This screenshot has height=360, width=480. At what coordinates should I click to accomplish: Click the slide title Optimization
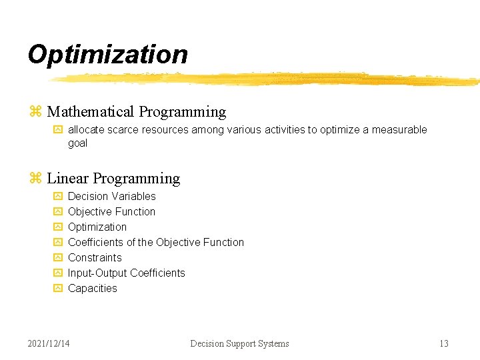point(107,55)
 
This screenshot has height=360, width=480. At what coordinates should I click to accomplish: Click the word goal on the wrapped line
point(77,143)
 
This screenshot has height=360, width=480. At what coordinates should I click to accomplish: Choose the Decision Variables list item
point(111,196)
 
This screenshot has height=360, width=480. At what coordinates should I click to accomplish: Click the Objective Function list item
point(111,211)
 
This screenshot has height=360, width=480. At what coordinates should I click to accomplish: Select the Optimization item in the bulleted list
point(97,227)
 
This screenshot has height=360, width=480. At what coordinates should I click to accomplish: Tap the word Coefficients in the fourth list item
point(95,242)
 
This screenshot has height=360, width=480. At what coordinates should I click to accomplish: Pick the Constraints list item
point(95,257)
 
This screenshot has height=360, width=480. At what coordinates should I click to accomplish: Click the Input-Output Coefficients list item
point(126,273)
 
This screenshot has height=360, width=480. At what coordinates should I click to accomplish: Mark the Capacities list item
point(92,288)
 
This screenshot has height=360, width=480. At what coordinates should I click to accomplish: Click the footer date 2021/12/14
point(49,343)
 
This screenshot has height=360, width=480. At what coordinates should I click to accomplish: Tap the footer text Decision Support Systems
point(239,343)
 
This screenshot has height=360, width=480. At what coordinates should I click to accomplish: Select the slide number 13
point(443,343)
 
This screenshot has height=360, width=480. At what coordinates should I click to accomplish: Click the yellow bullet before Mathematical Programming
point(36,112)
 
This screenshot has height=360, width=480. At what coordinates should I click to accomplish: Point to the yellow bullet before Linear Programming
point(36,179)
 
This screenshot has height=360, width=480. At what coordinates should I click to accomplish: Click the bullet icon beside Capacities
point(57,288)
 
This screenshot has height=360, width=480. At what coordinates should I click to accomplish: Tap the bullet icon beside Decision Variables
point(57,196)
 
